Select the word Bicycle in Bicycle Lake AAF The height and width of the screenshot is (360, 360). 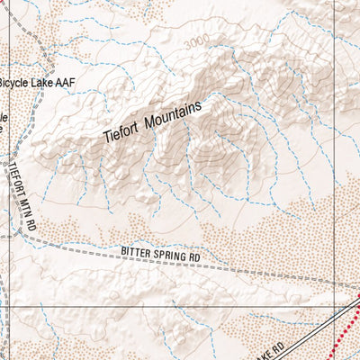tap(18, 83)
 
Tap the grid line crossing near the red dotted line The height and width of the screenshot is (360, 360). tap(335, 306)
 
